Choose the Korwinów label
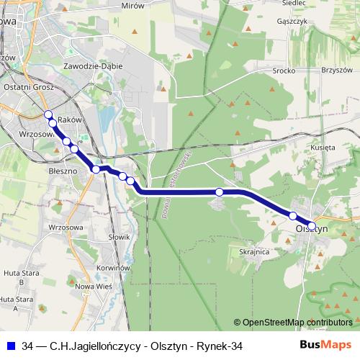[113, 267]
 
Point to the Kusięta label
[323, 147]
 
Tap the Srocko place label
[284, 71]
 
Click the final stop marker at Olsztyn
[312, 225]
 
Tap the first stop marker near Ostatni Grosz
[48, 115]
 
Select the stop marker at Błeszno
[96, 169]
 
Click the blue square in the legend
[12, 346]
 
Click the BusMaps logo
[325, 346]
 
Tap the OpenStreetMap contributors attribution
[293, 323]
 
